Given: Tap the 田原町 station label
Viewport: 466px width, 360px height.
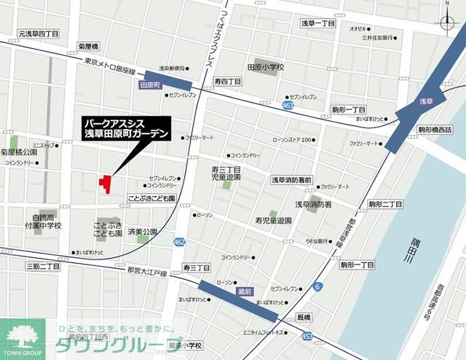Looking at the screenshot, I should click(x=149, y=85).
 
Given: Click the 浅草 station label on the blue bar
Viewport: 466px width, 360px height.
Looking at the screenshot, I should click(x=427, y=101).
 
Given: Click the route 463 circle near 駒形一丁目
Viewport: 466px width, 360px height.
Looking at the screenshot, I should click(x=288, y=106).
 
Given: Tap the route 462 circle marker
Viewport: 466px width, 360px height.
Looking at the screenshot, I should click(x=179, y=241).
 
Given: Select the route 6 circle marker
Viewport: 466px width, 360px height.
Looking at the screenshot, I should click(x=317, y=286).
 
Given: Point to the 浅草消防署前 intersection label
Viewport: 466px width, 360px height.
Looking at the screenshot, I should click(x=291, y=180).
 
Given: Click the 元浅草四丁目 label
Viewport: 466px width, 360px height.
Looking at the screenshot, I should click(x=39, y=34).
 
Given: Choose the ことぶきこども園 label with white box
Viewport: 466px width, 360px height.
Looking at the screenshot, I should click(x=151, y=197).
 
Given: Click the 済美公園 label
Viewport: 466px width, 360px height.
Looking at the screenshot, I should click(x=142, y=232).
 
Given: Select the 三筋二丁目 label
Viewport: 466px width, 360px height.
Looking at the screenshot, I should click(x=42, y=267).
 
